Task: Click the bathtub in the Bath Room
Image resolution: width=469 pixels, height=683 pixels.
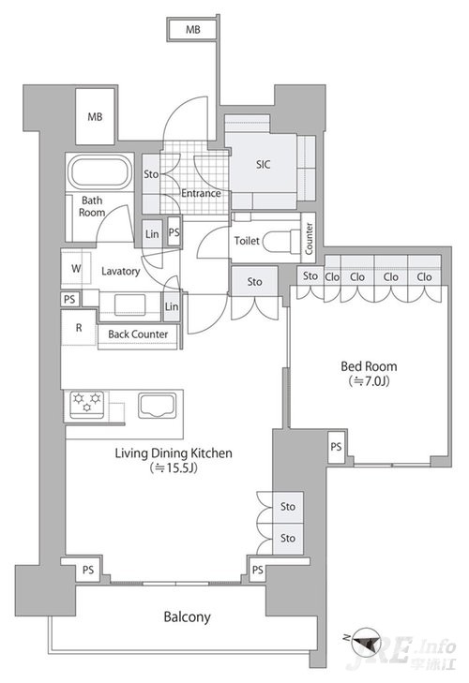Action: tap(100, 172)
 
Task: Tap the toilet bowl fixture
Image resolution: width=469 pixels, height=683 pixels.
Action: tap(279, 241)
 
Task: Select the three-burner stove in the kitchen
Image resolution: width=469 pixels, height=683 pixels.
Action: tap(87, 405)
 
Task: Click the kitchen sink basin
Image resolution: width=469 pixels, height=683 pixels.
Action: tap(158, 406)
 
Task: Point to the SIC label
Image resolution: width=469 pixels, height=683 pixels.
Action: tap(263, 164)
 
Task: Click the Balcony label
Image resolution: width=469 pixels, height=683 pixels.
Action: tap(187, 616)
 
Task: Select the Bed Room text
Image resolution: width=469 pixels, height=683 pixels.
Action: tap(369, 366)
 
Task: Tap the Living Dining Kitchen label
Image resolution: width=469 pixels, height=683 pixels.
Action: tap(174, 453)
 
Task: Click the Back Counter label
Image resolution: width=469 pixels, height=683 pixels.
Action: tap(138, 334)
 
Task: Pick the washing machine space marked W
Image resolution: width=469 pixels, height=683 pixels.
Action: tap(76, 268)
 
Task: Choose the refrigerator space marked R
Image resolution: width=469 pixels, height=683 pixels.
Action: tap(79, 328)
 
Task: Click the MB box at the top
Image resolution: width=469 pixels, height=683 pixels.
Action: tap(192, 30)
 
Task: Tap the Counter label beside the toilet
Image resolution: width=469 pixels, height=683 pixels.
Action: tap(309, 238)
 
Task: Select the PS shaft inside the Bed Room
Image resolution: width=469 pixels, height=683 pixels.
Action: tap(336, 447)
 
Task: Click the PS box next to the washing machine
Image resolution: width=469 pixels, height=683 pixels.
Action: tap(68, 299)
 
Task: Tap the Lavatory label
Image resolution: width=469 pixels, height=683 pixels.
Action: tap(120, 272)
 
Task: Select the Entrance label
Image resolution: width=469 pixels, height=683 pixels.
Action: tap(201, 193)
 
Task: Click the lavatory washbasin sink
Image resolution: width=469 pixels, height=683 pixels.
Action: tap(129, 304)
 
